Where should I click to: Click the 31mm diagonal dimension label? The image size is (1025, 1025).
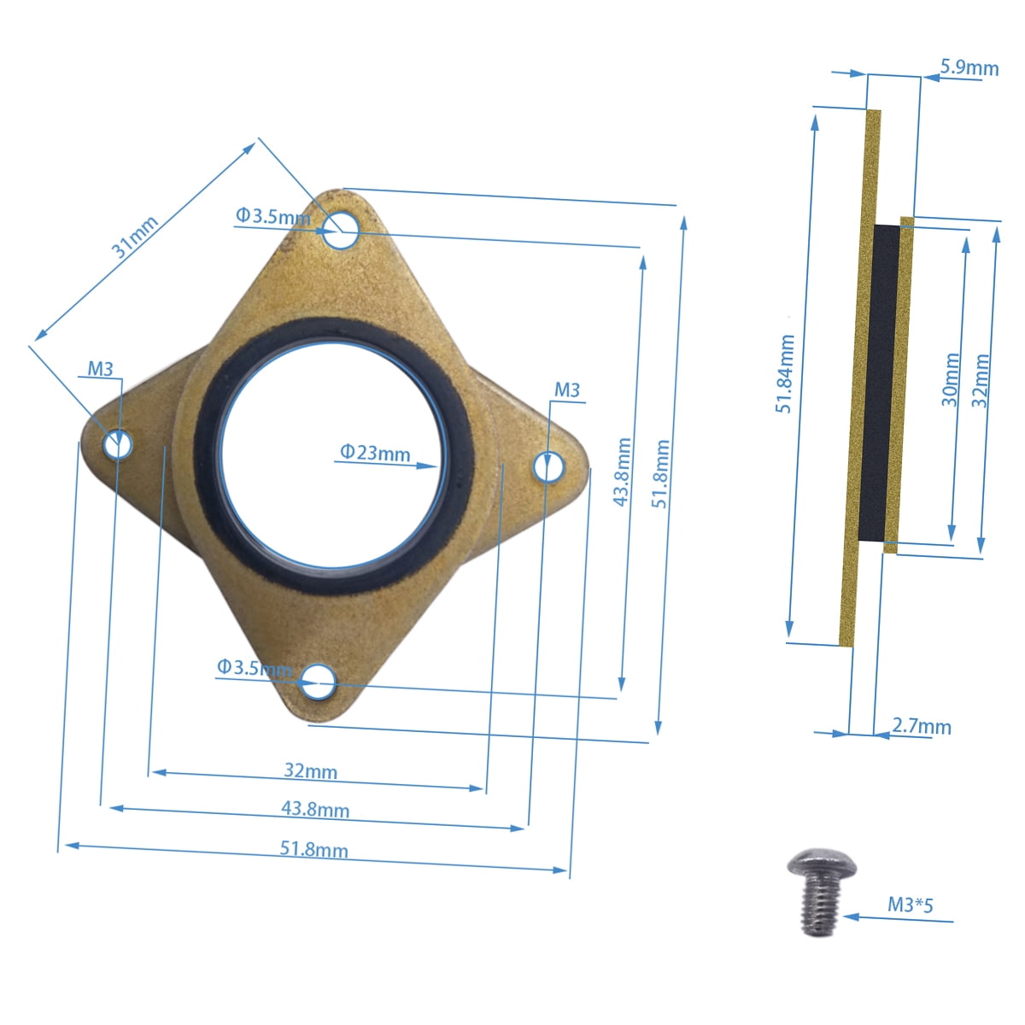pos(135,237)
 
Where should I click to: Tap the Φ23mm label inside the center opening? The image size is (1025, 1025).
pos(375,453)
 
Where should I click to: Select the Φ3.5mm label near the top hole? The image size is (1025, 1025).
pos(272,217)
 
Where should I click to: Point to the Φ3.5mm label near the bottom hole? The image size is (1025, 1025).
pos(254,667)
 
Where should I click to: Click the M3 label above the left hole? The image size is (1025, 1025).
pos(101,369)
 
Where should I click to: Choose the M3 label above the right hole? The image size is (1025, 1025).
pos(567,390)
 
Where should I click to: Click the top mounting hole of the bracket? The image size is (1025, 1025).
pos(343,230)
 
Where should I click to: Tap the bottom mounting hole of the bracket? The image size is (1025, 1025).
pos(317,681)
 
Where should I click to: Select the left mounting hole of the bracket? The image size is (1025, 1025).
pos(117,444)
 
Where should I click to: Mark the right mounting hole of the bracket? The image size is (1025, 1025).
pos(548,467)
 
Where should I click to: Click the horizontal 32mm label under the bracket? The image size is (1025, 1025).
pos(310,770)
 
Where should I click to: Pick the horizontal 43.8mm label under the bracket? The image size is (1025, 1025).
pos(315,808)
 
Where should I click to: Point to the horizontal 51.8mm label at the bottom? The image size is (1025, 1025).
pos(313,849)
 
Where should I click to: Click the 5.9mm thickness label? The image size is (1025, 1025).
pos(969,67)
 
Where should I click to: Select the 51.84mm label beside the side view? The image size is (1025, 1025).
pos(785,374)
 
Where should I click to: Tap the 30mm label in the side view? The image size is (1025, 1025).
pos(951,379)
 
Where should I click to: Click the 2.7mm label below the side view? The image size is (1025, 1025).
pos(922,727)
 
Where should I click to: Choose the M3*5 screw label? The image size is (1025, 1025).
pos(910,905)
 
